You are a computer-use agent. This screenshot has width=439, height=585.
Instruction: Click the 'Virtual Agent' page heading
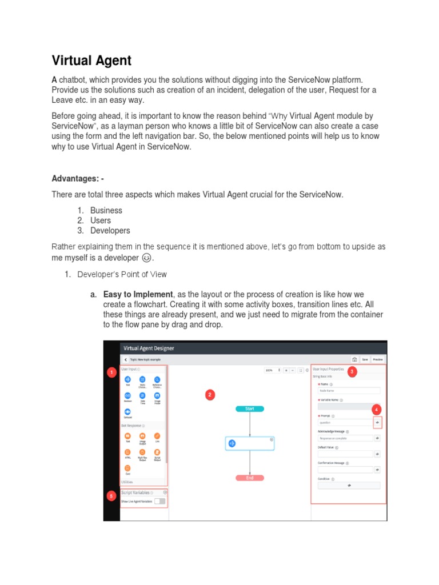click(x=91, y=61)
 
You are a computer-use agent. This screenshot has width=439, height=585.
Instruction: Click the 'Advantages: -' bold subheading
click(x=78, y=179)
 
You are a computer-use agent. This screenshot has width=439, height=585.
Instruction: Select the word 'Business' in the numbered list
click(x=106, y=210)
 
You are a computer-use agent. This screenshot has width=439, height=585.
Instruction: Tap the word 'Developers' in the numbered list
click(x=110, y=231)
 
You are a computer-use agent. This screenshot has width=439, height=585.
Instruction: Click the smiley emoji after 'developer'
click(x=146, y=258)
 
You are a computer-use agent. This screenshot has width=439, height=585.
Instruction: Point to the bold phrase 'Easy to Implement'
click(x=138, y=294)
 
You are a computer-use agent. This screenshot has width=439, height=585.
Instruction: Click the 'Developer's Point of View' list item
click(x=122, y=274)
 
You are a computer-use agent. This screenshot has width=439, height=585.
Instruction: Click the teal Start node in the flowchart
click(x=250, y=409)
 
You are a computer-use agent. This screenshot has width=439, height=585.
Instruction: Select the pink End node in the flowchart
click(x=250, y=478)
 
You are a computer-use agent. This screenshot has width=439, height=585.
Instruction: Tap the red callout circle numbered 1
click(x=112, y=373)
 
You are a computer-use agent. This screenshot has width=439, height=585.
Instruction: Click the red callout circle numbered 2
click(x=210, y=395)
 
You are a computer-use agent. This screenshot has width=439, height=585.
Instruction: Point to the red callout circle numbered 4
click(x=376, y=410)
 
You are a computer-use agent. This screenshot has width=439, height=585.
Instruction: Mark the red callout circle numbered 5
click(x=112, y=496)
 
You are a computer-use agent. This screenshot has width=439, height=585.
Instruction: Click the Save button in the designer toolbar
click(x=365, y=359)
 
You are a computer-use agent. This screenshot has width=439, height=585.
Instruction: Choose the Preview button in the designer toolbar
click(x=378, y=359)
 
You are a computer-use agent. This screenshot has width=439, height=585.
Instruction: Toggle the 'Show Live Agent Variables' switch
click(x=160, y=501)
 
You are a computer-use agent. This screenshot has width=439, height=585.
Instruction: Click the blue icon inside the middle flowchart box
click(x=232, y=443)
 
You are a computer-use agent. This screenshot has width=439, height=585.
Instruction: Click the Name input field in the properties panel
click(x=349, y=391)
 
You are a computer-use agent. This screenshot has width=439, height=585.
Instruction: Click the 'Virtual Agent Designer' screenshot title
click(x=149, y=348)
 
